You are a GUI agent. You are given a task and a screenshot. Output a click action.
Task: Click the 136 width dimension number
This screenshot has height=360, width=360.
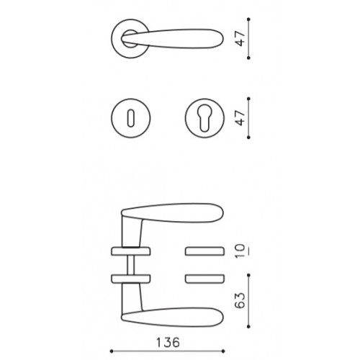click(x=168, y=343)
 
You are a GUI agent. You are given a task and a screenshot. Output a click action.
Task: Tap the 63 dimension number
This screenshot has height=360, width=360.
click(x=240, y=300)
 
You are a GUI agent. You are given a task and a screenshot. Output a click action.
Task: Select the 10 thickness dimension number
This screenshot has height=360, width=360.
click(x=240, y=251)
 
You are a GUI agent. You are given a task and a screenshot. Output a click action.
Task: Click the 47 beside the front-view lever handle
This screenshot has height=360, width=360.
click(x=240, y=38)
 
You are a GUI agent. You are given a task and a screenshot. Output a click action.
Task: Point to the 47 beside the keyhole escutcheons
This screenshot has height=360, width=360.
click(x=240, y=118)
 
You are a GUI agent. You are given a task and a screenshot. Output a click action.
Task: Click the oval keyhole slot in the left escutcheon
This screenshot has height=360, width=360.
click(x=131, y=118)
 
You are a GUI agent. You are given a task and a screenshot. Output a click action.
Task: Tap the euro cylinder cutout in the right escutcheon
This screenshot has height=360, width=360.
click(x=204, y=119)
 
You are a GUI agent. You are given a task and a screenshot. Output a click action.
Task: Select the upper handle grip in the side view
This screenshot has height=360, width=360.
click(x=173, y=213)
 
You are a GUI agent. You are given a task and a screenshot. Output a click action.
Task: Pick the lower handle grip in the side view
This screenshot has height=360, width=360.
click(x=173, y=317)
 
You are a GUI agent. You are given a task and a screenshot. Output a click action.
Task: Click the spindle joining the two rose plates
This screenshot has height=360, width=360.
click(x=131, y=265)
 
